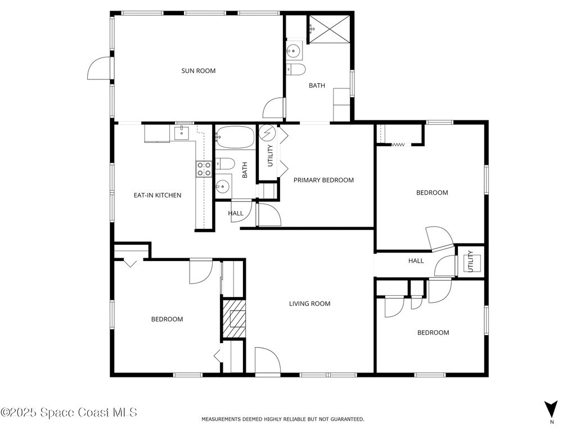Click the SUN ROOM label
point(199,71)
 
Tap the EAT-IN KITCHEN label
point(157,195)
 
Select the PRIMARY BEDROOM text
point(323,180)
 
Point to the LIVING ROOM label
point(310,303)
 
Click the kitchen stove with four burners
point(204,169)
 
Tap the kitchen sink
point(182,133)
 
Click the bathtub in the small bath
point(235,137)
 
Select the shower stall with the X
point(328,29)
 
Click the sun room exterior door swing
point(99,68)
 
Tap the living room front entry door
point(268,362)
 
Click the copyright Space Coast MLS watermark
point(69,412)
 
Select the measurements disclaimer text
point(283,418)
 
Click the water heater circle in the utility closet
point(267,133)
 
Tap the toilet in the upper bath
point(296,69)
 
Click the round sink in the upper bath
point(294,51)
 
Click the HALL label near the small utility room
point(416,261)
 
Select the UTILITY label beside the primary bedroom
point(271,156)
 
